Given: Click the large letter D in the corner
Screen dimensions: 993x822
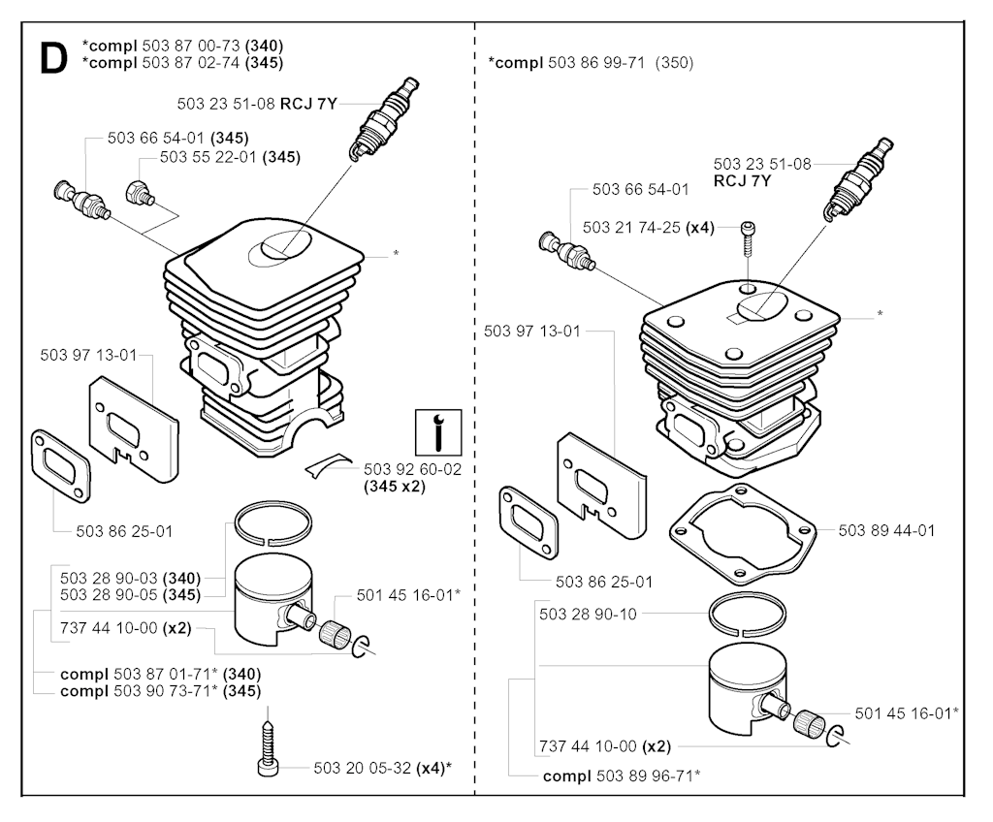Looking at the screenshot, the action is click(53, 59).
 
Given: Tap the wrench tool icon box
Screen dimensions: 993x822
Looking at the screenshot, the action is click(438, 432).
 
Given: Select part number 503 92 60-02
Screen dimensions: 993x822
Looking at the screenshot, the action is click(412, 469).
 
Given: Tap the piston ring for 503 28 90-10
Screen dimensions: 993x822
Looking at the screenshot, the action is click(748, 615).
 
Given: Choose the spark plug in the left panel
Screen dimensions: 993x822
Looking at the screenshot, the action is click(384, 118).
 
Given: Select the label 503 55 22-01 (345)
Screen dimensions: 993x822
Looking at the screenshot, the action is click(230, 156).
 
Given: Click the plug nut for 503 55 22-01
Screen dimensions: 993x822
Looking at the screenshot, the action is click(141, 193).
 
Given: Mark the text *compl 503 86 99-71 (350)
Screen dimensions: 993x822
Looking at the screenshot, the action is click(591, 63).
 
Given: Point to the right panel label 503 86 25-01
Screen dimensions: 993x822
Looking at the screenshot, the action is click(603, 582).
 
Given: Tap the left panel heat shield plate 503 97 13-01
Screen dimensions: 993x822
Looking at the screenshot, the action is click(134, 427).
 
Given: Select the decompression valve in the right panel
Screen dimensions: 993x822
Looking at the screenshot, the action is click(566, 251).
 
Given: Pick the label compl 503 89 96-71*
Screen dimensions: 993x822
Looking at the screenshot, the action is click(622, 775).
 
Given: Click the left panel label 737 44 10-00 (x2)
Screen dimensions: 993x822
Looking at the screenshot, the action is click(125, 627).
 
